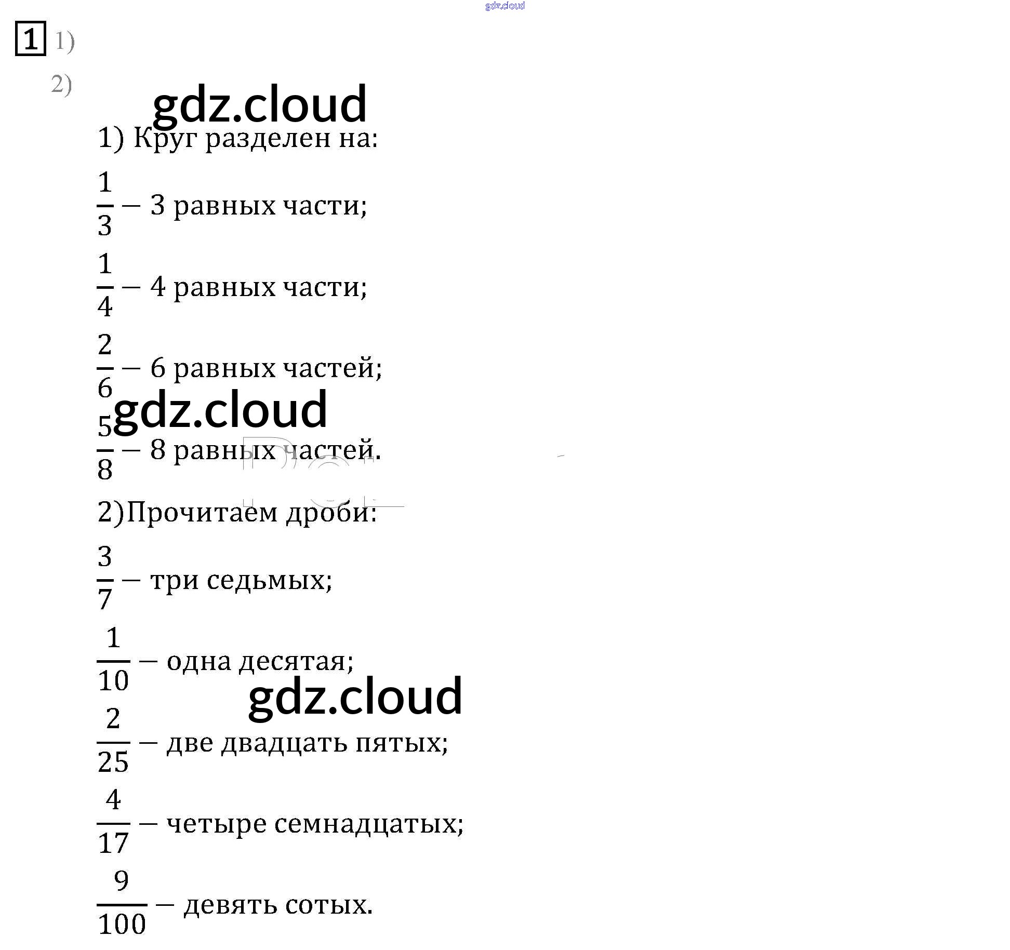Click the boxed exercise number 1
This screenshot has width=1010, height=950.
coord(31,38)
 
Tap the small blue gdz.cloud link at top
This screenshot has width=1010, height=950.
coord(504,6)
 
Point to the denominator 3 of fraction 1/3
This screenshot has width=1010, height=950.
coord(105,225)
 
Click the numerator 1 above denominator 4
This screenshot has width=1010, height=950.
coord(105,263)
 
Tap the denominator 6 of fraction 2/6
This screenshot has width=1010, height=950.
coord(105,387)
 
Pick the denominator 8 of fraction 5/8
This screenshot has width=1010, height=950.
coord(105,469)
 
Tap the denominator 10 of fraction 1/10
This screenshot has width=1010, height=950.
coord(113,680)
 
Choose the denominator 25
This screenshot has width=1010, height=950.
coord(113,762)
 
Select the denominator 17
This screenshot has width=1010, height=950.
coord(113,842)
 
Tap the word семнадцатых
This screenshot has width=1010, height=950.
coord(366,824)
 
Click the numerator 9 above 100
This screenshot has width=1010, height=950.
coord(121,881)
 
